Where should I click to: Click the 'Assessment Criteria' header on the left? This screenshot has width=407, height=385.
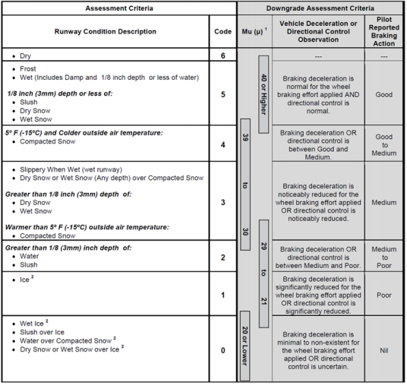(118, 7)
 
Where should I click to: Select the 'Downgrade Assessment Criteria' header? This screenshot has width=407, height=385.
(321, 7)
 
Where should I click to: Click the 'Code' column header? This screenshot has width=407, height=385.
(223, 32)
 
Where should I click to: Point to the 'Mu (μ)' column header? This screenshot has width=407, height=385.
(254, 32)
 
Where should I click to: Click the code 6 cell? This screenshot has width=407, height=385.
(223, 56)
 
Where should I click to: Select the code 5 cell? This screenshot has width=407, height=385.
(223, 94)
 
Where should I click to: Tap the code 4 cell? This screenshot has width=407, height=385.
(223, 144)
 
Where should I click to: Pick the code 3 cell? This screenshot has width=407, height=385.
(223, 201)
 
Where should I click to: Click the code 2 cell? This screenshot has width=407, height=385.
(223, 257)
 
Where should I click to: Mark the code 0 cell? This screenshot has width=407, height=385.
(223, 351)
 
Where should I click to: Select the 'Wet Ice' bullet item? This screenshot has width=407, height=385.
(33, 324)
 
